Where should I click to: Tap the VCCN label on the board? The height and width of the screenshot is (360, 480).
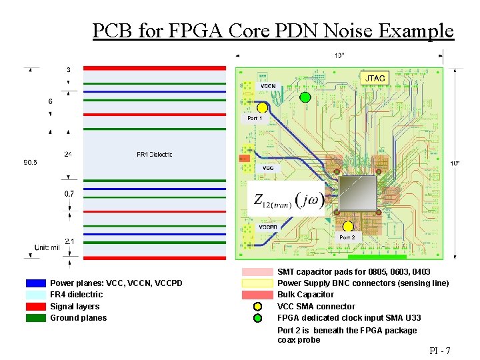(x=268, y=86)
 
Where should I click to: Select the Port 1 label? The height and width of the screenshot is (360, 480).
(x=255, y=118)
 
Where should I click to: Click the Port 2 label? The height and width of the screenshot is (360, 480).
(x=347, y=237)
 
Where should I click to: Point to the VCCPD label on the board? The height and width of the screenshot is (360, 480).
(x=269, y=227)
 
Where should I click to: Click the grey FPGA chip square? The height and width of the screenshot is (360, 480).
(x=358, y=195)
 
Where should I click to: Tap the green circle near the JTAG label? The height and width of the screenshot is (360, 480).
(x=305, y=97)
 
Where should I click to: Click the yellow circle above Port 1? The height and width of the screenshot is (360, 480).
(x=263, y=107)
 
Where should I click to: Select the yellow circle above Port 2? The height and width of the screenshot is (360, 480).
(x=348, y=227)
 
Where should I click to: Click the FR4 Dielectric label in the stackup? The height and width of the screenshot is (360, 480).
(x=155, y=155)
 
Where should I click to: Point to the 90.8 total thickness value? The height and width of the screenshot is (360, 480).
(x=31, y=162)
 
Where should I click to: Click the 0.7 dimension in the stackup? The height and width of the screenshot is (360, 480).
(x=69, y=194)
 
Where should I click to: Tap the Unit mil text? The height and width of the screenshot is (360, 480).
(x=47, y=247)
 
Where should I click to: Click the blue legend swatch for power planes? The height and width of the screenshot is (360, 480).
(x=36, y=283)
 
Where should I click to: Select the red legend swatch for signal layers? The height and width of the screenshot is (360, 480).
(x=36, y=307)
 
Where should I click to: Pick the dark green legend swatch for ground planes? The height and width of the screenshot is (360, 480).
(x=36, y=318)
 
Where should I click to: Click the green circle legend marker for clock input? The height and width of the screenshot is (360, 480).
(x=258, y=318)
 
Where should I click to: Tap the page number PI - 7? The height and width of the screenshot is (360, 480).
(x=440, y=351)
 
